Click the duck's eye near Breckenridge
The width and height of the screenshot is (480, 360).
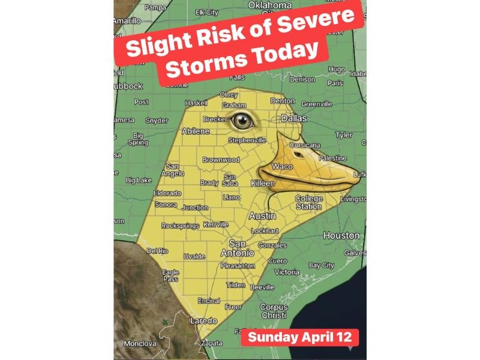click(x=243, y=121)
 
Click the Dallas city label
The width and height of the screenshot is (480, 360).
click(x=293, y=119)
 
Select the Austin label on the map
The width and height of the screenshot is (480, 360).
click(x=262, y=215)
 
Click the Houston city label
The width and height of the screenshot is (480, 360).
click(x=341, y=236)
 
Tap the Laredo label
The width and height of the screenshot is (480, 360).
click(x=203, y=321)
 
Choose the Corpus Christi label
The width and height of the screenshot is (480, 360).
click(x=274, y=311)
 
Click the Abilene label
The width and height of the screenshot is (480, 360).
click(x=196, y=131)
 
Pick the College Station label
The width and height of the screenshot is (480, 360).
click(x=308, y=202)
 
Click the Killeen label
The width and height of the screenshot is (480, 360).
click(x=263, y=182)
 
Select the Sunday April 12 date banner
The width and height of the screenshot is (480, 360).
click(x=303, y=337)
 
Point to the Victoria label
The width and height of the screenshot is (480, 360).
click(x=287, y=272)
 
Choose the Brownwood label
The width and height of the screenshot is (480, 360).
click(x=221, y=160)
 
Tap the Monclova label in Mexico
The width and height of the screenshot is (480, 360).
click(x=140, y=344)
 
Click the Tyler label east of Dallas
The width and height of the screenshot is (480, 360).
click(x=344, y=135)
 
